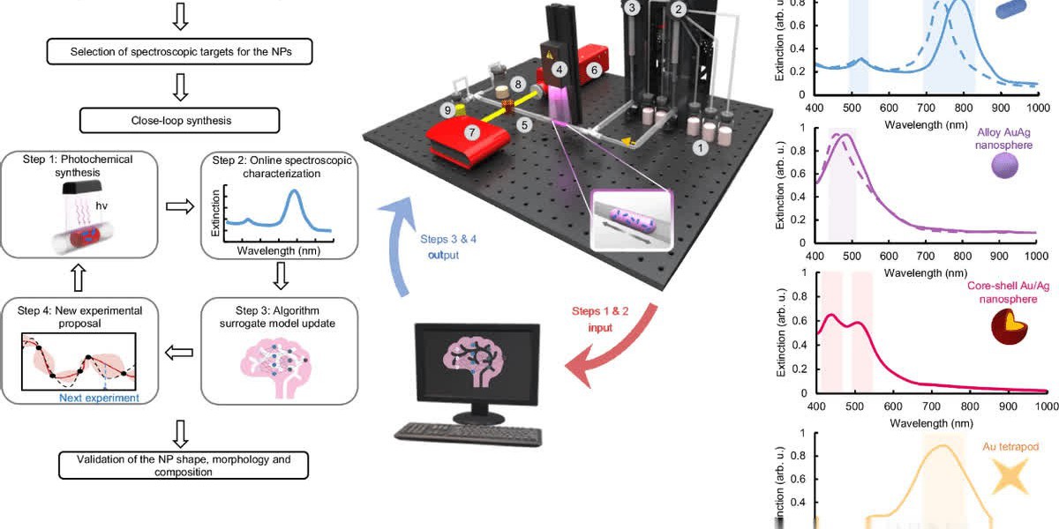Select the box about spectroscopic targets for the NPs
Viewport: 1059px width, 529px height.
coord(179,52)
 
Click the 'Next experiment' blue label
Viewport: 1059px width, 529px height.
coord(99,398)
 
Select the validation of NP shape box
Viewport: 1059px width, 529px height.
coord(184,466)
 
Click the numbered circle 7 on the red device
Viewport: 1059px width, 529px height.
coord(472,132)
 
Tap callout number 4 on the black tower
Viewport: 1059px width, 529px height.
coord(558,68)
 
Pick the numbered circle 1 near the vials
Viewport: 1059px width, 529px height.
coord(701,148)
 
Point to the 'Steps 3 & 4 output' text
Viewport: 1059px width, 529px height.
coord(439,246)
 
